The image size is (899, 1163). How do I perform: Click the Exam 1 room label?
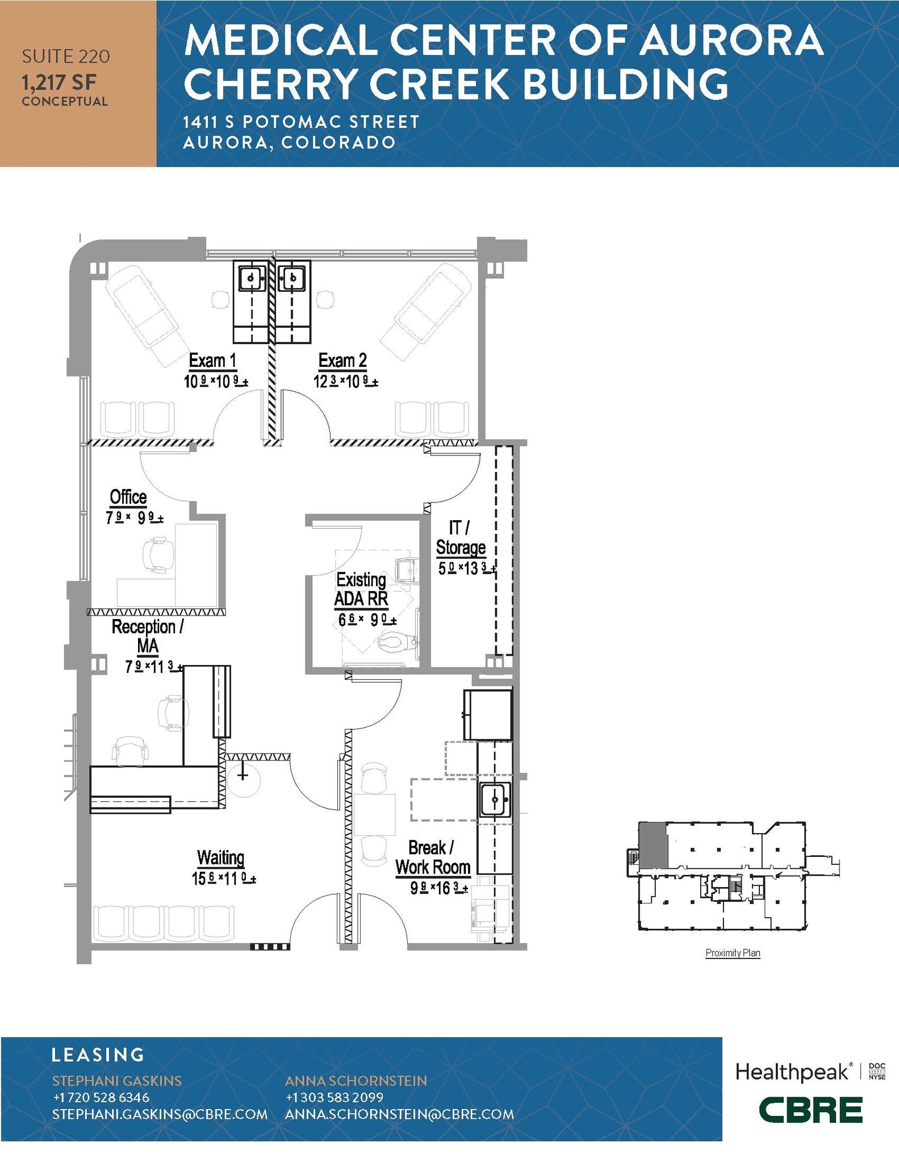[212, 361]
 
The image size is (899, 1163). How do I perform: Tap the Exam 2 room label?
[342, 361]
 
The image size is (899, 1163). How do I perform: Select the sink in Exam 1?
[251, 278]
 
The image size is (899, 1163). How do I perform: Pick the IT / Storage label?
[461, 537]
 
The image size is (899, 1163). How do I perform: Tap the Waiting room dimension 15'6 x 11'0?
[223, 878]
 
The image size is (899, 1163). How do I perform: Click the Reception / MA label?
[147, 635]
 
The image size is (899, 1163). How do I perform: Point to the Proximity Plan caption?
[732, 953]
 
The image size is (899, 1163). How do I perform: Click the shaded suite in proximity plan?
[653, 844]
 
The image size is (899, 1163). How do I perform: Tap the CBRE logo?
[810, 1110]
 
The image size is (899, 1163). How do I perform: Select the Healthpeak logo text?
[793, 1072]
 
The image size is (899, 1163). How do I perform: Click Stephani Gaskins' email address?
[160, 1114]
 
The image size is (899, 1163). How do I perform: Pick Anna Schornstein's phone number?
[334, 1097]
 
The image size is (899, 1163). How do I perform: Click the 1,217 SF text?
[59, 83]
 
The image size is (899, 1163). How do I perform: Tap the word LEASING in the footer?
[98, 1055]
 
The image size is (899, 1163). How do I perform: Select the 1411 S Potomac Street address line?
[301, 122]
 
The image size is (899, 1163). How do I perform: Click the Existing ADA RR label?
[361, 589]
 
